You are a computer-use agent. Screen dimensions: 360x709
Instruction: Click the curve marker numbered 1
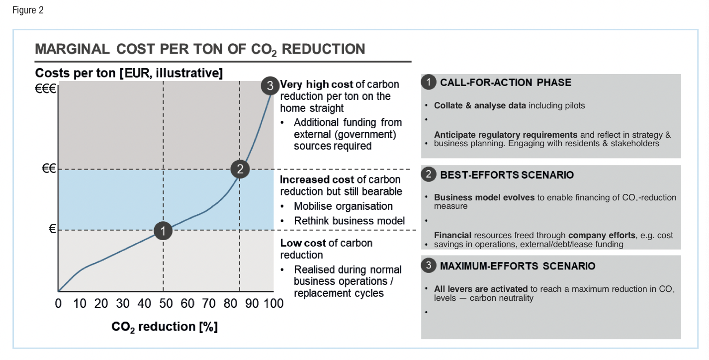click(x=163, y=230)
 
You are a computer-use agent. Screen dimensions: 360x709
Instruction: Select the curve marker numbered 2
click(x=240, y=169)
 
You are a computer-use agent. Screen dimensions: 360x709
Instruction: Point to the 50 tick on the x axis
click(x=166, y=303)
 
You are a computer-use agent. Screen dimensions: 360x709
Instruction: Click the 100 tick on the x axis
click(x=273, y=303)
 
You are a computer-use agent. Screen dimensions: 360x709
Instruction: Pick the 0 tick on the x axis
click(x=58, y=303)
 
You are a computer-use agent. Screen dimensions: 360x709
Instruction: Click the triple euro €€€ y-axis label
click(x=46, y=90)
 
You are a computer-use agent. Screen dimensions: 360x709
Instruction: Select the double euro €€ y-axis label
click(x=49, y=169)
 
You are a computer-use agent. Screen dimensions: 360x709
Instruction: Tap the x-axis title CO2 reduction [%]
click(x=165, y=327)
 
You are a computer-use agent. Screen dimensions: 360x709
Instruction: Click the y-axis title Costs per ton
click(x=129, y=73)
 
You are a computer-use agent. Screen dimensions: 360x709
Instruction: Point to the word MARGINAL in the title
click(x=73, y=49)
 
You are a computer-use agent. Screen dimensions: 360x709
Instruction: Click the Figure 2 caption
click(x=28, y=10)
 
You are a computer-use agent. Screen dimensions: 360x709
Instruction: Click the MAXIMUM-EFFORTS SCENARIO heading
click(x=518, y=266)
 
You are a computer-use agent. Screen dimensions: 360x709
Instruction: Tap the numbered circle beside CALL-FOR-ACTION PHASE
click(x=429, y=83)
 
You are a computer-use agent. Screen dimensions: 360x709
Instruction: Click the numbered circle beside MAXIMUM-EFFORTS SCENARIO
click(x=429, y=266)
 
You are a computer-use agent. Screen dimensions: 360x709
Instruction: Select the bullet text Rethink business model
click(x=349, y=221)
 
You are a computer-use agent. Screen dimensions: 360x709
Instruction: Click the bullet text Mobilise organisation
click(x=343, y=206)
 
